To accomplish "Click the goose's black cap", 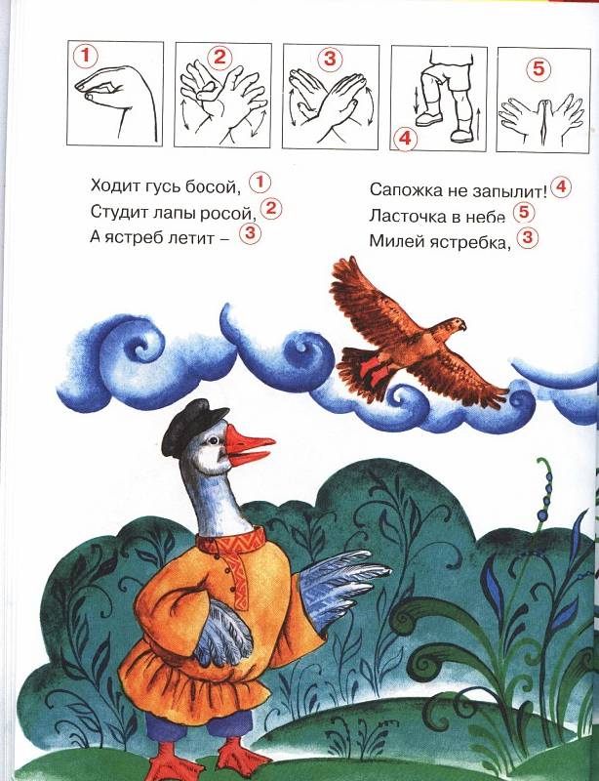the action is click(193, 427).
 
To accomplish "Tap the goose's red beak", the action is click(249, 447).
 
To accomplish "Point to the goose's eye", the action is click(214, 441).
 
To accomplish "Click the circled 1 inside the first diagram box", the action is click(85, 56).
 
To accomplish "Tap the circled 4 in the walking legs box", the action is click(405, 138).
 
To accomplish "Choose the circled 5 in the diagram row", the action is click(539, 68).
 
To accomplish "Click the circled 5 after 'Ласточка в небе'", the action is click(523, 213).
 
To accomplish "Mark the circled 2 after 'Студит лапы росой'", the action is click(270, 208).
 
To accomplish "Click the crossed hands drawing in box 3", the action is click(330, 103).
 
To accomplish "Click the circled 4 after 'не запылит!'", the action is click(561, 186).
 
